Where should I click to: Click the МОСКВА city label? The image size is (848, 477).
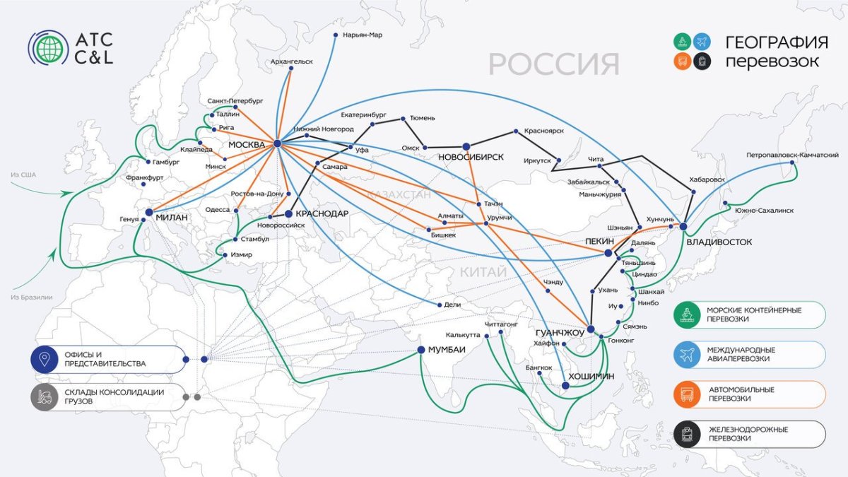tap(246, 145)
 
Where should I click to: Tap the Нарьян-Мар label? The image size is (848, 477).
tap(362, 35)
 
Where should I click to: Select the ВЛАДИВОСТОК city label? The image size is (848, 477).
tap(719, 242)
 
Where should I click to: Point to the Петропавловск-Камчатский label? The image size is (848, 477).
tap(792, 155)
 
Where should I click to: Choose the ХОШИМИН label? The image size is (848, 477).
tap(591, 377)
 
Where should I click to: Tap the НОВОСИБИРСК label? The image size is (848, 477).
tap(471, 157)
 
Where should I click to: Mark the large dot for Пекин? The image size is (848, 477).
tap(608, 252)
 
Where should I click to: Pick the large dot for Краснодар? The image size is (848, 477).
tap(288, 213)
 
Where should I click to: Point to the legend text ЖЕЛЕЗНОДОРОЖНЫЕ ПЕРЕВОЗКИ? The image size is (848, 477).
tap(737, 434)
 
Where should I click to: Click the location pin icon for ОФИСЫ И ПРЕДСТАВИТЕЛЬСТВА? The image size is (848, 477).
tap(44, 359)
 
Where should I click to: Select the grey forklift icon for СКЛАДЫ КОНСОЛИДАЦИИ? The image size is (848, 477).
tap(44, 397)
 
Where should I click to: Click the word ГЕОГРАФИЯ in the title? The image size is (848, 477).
tap(777, 42)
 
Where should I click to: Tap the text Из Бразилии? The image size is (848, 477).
tap(32, 297)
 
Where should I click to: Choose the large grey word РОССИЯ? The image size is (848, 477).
tap(553, 64)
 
